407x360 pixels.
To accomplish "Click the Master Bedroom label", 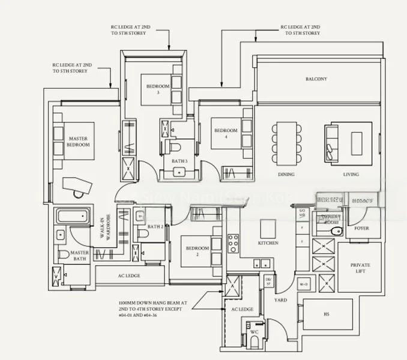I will [x=78, y=142].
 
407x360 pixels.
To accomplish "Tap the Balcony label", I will [x=316, y=79].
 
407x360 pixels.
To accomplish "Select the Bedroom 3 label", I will [x=157, y=89].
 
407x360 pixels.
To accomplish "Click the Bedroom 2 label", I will [x=196, y=251].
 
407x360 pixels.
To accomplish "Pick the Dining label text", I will [x=286, y=175].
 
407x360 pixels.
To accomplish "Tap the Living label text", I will [x=351, y=175].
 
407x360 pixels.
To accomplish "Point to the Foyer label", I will [x=361, y=229].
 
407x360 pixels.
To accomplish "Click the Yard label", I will [x=280, y=299].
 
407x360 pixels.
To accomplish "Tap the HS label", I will [x=326, y=314].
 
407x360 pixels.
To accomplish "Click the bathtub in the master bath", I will [x=73, y=217].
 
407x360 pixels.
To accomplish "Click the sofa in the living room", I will [x=332, y=140].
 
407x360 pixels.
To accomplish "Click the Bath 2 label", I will [x=155, y=226].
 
